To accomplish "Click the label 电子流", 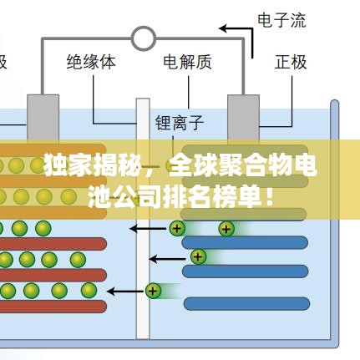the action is pos(281,20).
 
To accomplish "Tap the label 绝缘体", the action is pos(91,62).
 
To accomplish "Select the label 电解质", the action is pos(187,62).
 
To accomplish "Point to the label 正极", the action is pos(291,62).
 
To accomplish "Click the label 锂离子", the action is pos(180,123).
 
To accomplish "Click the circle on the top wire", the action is pos(144,38).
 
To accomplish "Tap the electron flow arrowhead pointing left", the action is pos(224,28).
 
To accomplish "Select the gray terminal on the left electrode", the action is pos(43,117).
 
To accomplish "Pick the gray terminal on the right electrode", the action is pos(243,117).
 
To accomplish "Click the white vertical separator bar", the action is pos(143,219).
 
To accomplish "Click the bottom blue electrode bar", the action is pos(246,303).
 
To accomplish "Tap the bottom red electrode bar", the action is pos(53,307).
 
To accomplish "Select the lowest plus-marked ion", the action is pos(153,291).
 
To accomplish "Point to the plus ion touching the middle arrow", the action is pos(198,256).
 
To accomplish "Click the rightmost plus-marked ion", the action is pos(226,229).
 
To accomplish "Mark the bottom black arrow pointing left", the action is pos(126,292).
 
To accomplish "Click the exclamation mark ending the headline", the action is pos(269,198).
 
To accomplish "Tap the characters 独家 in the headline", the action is pos(68,166).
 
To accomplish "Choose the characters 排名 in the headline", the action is pos(187,198).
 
